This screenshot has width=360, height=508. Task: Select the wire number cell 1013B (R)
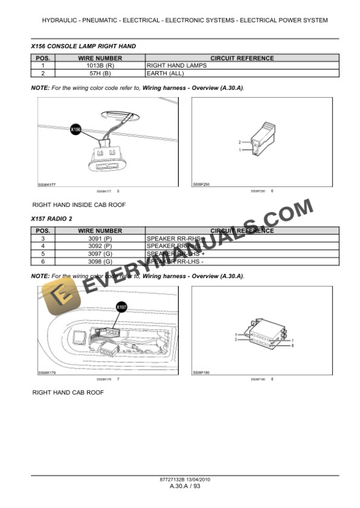tap(100, 66)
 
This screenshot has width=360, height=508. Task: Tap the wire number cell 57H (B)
tap(100, 73)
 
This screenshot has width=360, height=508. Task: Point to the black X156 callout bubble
tap(76, 129)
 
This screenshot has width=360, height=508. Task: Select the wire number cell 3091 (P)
tap(100, 239)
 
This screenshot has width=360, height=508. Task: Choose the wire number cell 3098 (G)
tap(100, 261)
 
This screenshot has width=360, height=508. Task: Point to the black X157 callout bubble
tap(122, 306)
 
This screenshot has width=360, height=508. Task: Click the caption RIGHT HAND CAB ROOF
tap(68, 392)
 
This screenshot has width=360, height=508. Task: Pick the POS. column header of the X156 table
tap(43, 58)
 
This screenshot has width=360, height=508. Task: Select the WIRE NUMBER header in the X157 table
tap(100, 231)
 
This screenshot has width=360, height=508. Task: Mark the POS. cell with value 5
tap(43, 253)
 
